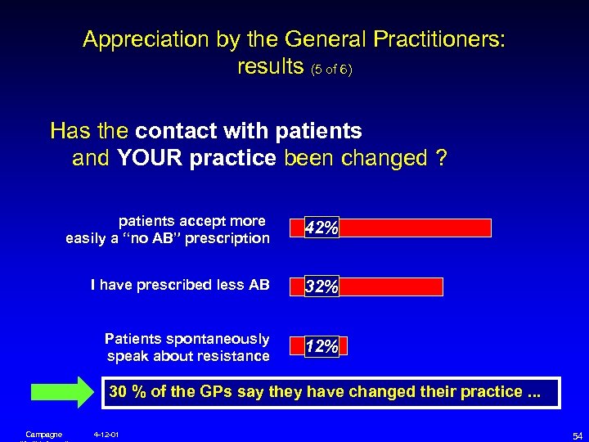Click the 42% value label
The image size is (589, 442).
point(321,228)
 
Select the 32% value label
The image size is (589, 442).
point(321,286)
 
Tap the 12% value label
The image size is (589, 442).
point(321,346)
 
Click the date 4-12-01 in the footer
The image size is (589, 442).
point(106,434)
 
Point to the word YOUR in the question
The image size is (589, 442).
point(151,158)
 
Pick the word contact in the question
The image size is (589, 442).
point(174,131)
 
